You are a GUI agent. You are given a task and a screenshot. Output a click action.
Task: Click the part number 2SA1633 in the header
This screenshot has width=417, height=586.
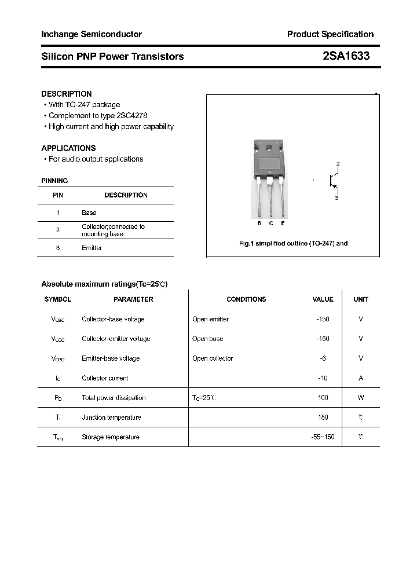[346, 56]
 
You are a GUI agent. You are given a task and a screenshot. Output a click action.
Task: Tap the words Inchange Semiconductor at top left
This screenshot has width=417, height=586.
[92, 34]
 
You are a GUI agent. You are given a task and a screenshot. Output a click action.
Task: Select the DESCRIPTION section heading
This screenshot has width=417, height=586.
[67, 94]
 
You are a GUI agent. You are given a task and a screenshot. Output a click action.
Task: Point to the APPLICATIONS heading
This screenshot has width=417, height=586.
[68, 148]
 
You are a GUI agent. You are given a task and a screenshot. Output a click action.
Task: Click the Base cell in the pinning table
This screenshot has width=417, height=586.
[89, 213]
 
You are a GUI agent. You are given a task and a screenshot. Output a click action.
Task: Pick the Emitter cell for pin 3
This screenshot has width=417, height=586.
[92, 248]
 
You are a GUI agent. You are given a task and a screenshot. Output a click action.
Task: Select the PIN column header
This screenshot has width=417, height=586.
[58, 195]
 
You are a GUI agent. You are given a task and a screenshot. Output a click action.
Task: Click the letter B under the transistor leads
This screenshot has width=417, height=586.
[259, 224]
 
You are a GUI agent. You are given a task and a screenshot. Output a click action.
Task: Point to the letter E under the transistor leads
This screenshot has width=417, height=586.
[283, 224]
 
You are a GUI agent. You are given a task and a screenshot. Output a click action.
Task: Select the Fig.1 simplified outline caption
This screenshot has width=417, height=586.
[293, 243]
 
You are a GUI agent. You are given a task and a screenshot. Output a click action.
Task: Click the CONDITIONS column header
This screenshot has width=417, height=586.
[246, 299]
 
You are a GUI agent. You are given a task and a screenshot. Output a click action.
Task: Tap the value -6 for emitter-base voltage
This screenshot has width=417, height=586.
[323, 358]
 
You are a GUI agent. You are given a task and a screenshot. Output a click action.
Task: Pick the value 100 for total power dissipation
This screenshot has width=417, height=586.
[323, 398]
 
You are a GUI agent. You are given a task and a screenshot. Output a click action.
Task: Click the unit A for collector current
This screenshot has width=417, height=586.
[361, 378]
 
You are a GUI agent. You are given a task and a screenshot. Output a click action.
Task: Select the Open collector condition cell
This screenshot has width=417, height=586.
[213, 358]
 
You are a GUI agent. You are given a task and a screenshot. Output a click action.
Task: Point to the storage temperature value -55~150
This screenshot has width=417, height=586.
[323, 437]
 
